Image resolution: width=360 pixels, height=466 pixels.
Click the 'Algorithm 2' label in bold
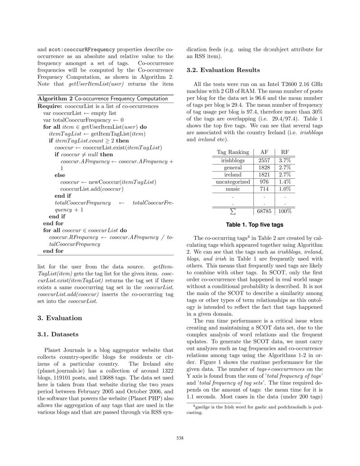coord(54,98)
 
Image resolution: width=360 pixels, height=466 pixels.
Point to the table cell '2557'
coord(264,160)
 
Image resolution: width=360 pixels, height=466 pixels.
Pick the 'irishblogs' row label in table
coord(233,160)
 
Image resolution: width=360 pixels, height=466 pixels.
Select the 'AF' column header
coord(264,152)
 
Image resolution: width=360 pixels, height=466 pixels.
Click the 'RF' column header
coord(285,152)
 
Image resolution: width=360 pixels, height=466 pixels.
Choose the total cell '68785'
coord(266,211)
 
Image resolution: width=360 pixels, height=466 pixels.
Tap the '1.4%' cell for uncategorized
coord(285,181)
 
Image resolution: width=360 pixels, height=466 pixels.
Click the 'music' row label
coord(233,189)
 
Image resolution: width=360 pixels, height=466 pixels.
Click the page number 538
coord(180,436)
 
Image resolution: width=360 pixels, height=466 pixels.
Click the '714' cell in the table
coord(264,189)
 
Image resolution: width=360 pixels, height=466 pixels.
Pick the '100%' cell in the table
coord(285,211)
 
